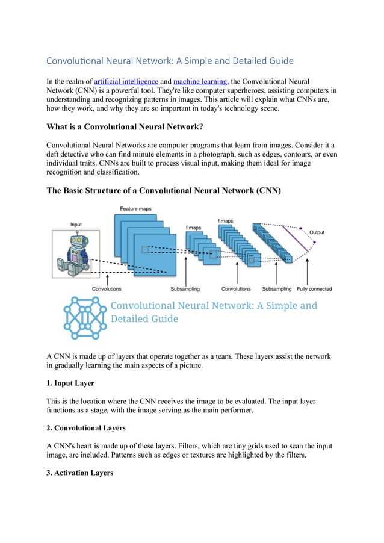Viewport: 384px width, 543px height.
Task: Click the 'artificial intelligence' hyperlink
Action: [x=126, y=81]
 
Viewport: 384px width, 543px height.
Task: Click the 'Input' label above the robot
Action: [x=76, y=225]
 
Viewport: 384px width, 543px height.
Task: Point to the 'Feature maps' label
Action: [x=135, y=209]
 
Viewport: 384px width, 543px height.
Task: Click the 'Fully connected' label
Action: [x=314, y=289]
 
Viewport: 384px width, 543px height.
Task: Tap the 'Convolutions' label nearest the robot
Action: [x=107, y=289]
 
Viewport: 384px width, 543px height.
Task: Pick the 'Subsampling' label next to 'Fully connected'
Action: [x=277, y=289]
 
